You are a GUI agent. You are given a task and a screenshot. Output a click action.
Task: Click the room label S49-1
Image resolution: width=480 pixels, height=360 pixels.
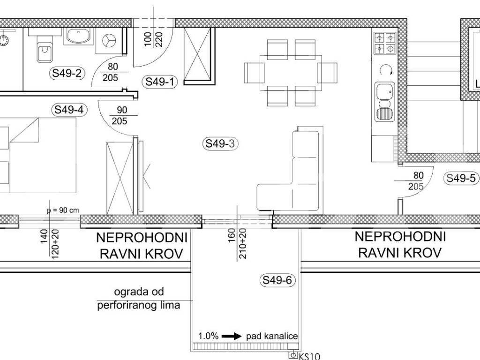(x=159, y=82)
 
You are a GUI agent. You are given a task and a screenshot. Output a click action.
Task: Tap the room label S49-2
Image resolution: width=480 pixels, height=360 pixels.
(x=67, y=73)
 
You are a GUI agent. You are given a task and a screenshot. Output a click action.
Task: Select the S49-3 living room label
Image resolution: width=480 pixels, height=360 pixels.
(x=220, y=143)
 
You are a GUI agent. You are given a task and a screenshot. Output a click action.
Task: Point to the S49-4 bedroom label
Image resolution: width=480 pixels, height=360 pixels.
(x=69, y=110)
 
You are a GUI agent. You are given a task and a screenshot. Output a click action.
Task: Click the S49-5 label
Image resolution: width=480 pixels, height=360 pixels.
(x=461, y=178)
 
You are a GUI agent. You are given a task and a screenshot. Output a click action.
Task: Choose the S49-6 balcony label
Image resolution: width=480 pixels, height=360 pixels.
(x=277, y=280)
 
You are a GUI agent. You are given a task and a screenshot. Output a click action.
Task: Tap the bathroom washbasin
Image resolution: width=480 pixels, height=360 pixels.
(x=78, y=36)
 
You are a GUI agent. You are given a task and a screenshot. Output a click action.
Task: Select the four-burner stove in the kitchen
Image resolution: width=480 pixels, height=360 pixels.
(x=384, y=43)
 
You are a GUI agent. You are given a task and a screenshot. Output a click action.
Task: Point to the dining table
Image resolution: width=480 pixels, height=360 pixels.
(x=291, y=73)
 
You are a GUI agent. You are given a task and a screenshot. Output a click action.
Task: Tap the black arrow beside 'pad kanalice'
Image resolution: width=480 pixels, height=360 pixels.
(x=232, y=337)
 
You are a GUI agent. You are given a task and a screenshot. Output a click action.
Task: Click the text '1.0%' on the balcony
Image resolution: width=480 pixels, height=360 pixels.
(x=208, y=336)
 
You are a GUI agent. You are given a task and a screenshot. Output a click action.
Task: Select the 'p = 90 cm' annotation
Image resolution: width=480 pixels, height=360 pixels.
(x=63, y=210)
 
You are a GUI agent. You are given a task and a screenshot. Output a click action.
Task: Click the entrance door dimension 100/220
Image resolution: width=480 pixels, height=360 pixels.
(x=153, y=39)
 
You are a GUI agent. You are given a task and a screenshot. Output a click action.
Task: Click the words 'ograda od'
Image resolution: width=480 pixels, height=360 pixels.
(x=139, y=292)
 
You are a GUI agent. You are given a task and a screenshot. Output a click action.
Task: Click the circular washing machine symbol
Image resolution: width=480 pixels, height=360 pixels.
(x=109, y=41)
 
